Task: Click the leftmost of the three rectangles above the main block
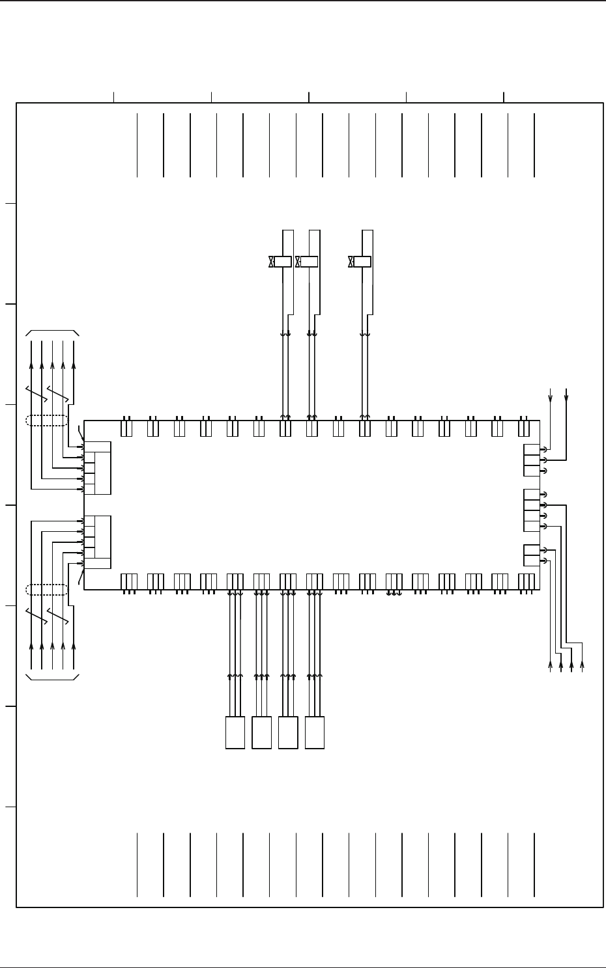click(x=282, y=262)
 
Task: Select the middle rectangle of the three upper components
click(x=308, y=262)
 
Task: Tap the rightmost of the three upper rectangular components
click(x=362, y=262)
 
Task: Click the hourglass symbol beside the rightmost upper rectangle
click(x=351, y=262)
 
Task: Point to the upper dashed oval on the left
click(x=46, y=421)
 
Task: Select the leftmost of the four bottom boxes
click(x=235, y=732)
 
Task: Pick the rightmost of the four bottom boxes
click(x=314, y=732)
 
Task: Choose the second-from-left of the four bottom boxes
click(x=261, y=732)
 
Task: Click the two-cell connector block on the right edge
click(x=532, y=555)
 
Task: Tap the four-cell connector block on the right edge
click(x=532, y=510)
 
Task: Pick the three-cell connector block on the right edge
click(x=532, y=460)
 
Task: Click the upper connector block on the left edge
click(x=98, y=467)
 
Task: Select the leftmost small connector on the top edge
click(x=127, y=428)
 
